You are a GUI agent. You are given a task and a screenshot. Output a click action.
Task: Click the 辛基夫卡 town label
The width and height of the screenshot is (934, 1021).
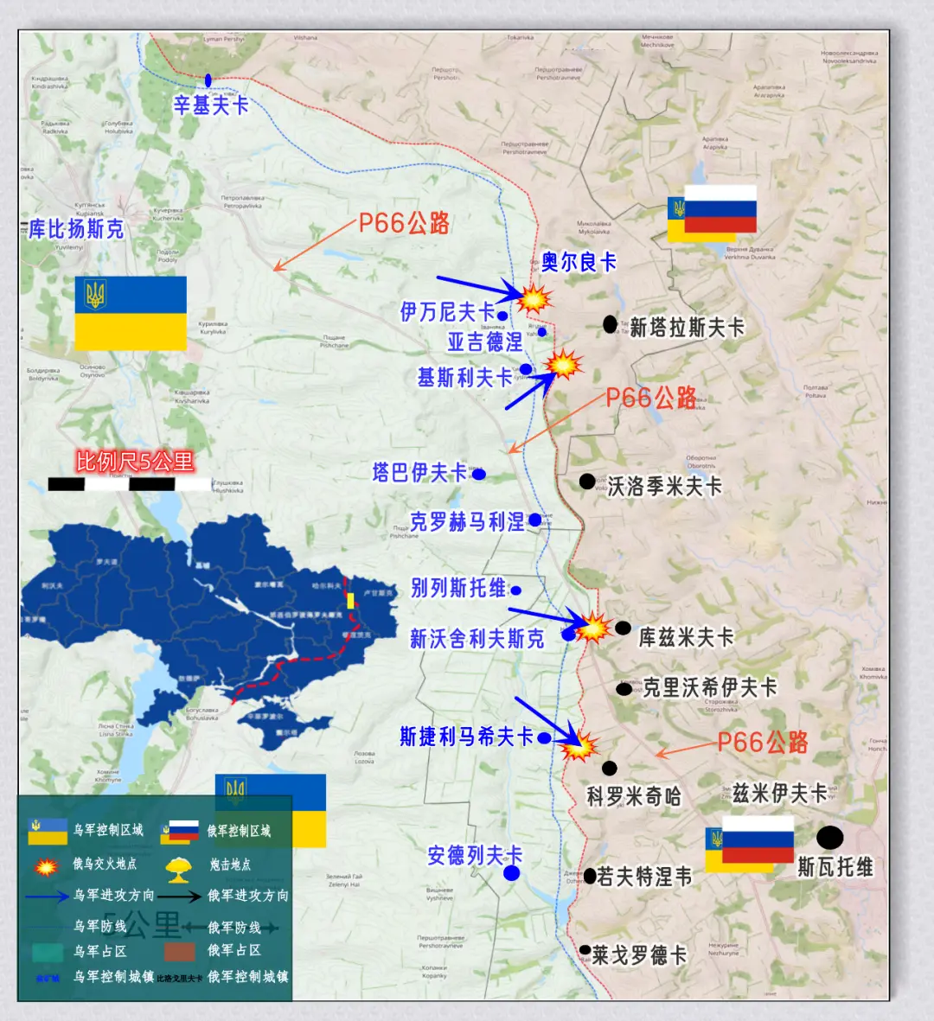point(211,105)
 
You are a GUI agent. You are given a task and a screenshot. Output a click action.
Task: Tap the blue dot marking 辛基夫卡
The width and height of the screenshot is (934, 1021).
point(208,80)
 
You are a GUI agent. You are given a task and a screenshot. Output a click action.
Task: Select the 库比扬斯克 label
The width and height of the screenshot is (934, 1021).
point(76,229)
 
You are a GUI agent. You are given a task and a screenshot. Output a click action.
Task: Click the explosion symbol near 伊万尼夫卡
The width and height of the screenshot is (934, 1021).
point(534,298)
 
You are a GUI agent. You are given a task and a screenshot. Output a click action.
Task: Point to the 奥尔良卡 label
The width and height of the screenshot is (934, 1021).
point(579,262)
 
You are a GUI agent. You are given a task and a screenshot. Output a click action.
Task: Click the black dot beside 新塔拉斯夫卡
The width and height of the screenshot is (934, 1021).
point(611,324)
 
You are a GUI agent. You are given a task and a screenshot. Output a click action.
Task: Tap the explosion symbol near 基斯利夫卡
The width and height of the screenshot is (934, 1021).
point(564,365)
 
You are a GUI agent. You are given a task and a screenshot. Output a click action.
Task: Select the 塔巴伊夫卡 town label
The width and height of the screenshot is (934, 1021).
point(419,473)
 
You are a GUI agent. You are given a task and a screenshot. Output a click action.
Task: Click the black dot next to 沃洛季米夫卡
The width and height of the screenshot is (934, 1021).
point(587,482)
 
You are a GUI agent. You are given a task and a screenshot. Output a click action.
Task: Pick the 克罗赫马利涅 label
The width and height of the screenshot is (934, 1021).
point(467,522)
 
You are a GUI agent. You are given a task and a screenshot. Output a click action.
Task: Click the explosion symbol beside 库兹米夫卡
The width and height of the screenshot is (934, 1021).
point(593,627)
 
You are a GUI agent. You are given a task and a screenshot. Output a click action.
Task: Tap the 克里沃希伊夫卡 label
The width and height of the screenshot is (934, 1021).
point(709,687)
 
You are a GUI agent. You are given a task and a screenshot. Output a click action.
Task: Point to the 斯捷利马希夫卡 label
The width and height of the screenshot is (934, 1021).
point(466,737)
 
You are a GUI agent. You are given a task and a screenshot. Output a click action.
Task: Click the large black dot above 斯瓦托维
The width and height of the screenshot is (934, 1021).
point(829,837)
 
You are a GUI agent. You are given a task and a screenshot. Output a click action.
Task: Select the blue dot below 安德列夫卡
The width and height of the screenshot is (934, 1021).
point(512,873)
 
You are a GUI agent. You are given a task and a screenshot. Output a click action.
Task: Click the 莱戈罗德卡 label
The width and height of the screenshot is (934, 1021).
point(639,955)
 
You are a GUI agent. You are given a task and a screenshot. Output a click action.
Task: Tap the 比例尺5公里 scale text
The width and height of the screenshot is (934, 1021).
point(135,462)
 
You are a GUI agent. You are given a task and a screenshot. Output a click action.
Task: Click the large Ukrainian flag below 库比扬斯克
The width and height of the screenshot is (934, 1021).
point(131,313)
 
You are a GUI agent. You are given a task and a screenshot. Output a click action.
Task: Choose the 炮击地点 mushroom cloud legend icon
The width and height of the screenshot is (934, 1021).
point(178,867)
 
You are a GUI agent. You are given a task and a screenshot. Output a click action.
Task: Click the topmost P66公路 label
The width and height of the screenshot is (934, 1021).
point(404,224)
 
